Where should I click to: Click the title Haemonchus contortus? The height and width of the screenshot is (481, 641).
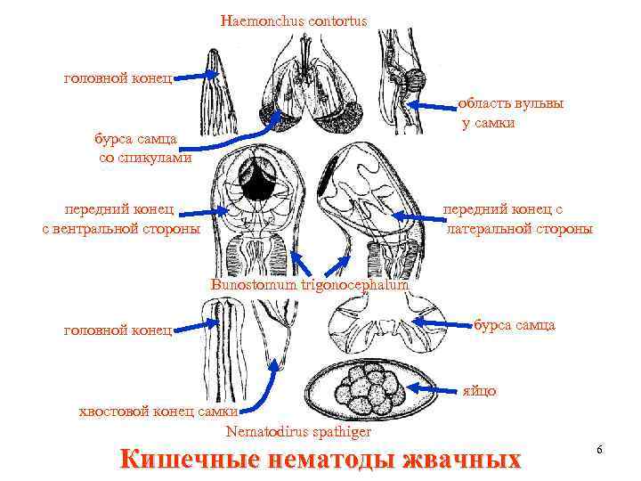tap(293, 20)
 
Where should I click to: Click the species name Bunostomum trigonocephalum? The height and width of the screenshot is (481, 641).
tap(310, 286)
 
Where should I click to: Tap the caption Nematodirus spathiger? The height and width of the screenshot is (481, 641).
tap(298, 432)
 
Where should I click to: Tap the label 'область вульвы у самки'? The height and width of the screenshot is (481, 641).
tap(510, 113)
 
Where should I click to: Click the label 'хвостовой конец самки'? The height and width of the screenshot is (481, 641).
tap(158, 411)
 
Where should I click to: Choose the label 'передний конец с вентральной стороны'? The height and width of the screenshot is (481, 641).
tap(121, 219)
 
